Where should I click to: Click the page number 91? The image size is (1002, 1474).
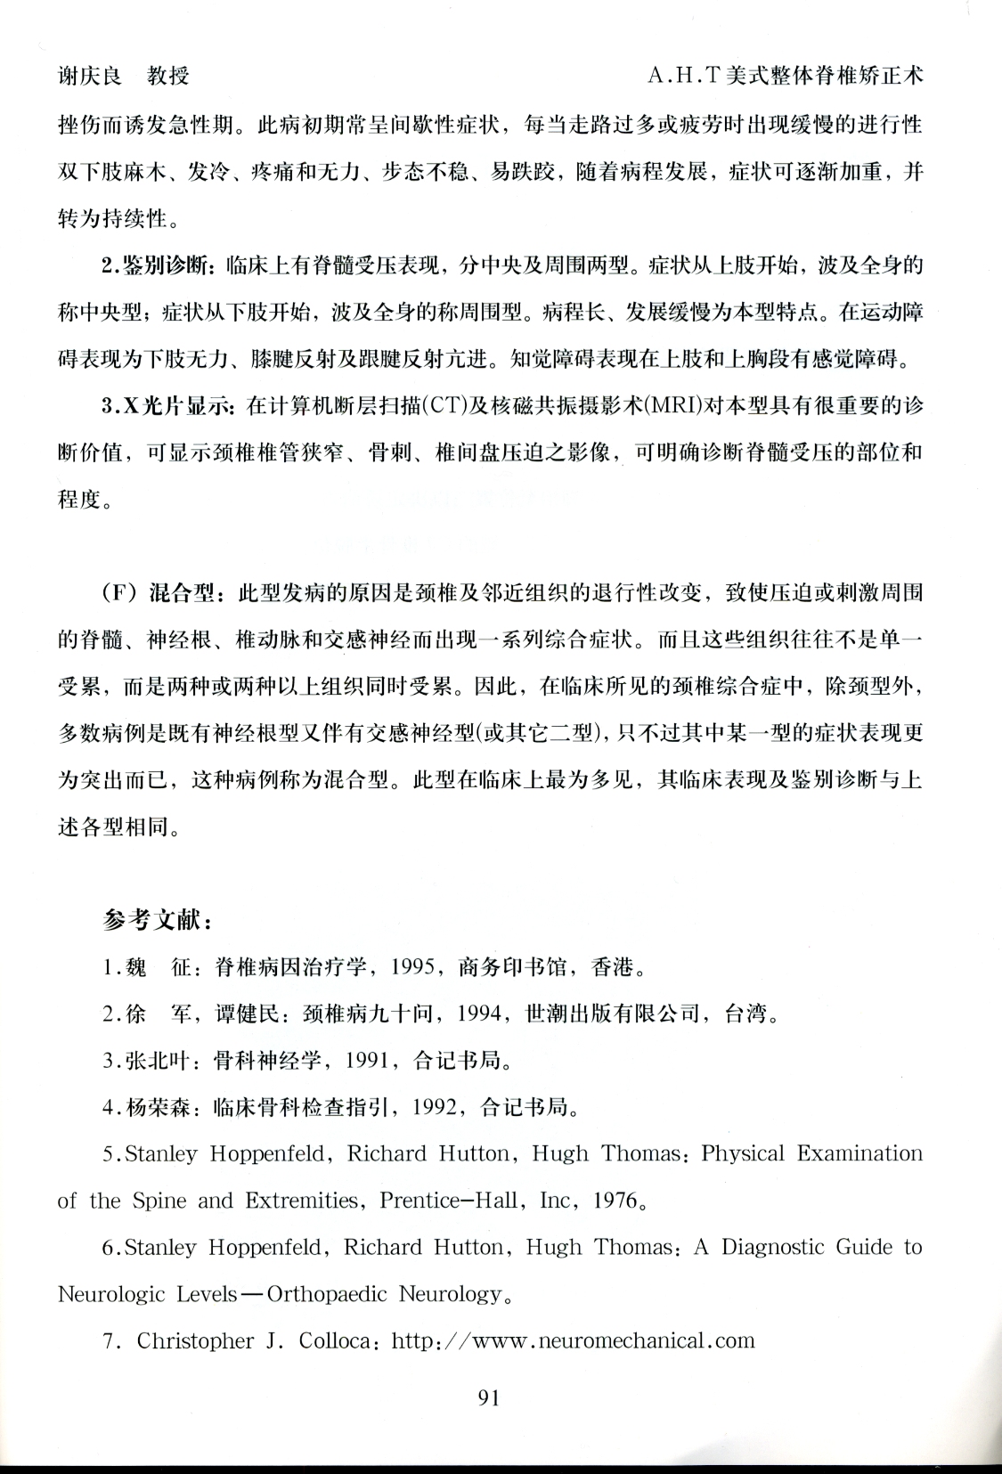click(489, 1397)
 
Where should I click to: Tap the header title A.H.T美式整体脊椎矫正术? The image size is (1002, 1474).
click(785, 75)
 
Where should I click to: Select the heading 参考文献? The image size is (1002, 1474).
click(156, 920)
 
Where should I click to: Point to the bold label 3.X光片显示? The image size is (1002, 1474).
click(167, 406)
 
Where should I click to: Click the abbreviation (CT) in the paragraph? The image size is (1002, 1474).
click(441, 407)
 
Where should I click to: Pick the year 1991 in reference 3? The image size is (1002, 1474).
click(368, 1061)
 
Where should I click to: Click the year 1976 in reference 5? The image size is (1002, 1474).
click(617, 1201)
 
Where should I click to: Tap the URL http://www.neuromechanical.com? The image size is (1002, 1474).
click(573, 1340)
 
